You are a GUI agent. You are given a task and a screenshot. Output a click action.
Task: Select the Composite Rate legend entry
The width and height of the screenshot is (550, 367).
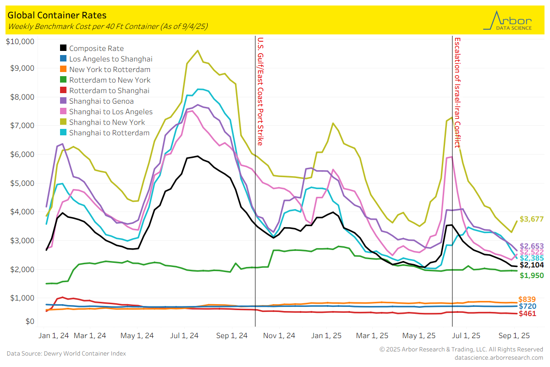point(96,48)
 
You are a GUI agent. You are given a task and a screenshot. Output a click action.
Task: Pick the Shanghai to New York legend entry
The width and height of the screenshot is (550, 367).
point(107,122)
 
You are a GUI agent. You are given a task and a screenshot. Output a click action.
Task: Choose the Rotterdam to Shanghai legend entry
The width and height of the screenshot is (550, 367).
point(109,90)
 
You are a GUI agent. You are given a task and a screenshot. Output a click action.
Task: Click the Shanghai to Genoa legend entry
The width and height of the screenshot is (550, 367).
point(101,101)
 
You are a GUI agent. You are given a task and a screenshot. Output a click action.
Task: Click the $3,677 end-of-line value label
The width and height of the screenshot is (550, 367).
point(530,219)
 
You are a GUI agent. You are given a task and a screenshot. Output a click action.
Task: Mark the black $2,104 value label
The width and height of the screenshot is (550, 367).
point(530,265)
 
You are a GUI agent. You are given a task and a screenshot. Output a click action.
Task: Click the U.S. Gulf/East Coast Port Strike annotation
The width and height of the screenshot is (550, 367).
point(260,91)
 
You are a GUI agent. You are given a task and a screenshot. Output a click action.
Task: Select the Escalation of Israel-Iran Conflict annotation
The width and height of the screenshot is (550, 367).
point(457,92)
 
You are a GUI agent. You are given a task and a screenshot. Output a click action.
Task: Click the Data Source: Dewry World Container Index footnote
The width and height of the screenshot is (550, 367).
point(66,353)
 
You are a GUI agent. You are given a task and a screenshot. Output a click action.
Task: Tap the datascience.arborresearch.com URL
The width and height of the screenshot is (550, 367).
point(499,357)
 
